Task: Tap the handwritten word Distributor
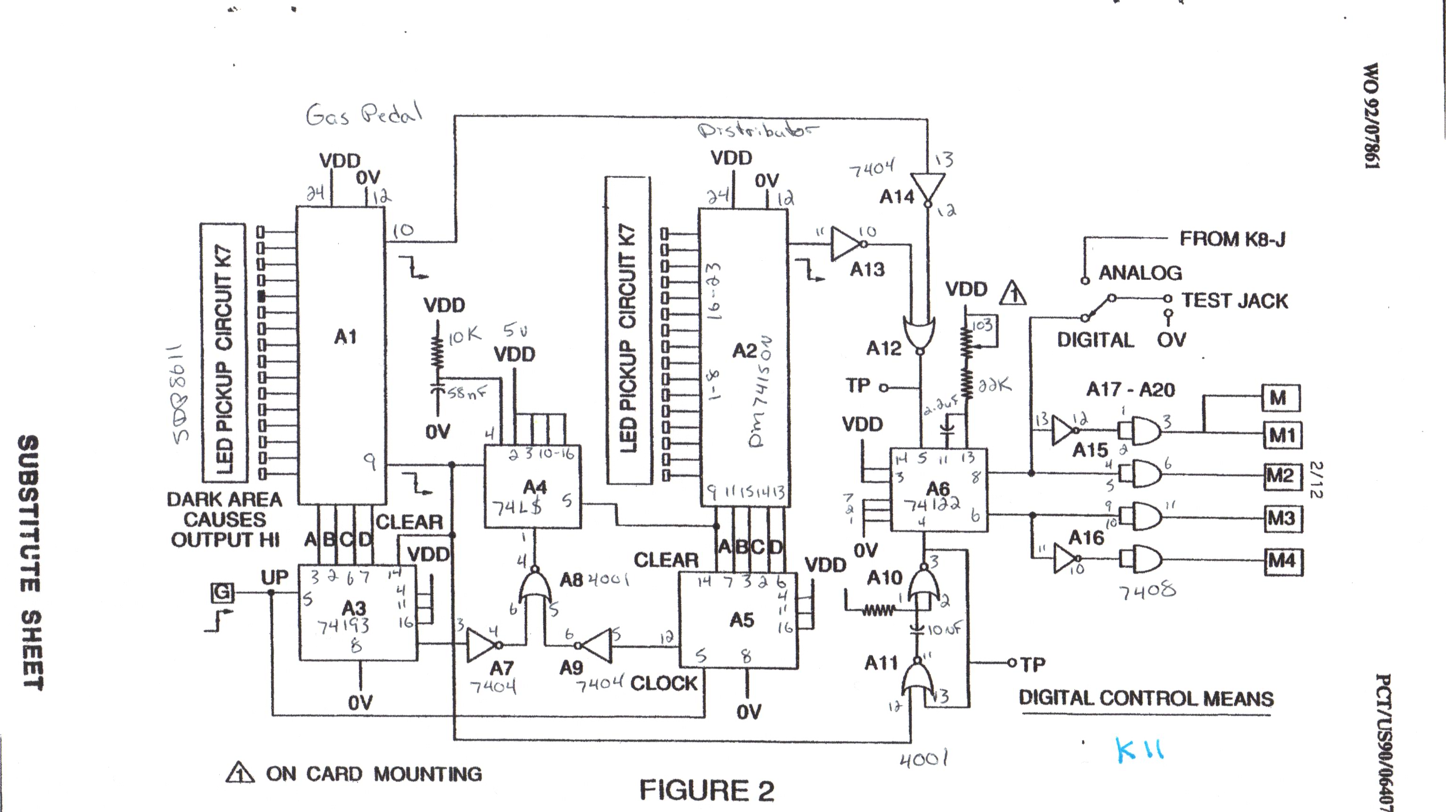[x=757, y=131]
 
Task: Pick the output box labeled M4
[x=1282, y=561]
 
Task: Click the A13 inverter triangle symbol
[x=847, y=244]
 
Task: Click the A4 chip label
[x=534, y=486]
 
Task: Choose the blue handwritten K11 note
[x=1139, y=750]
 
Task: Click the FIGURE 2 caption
[x=707, y=790]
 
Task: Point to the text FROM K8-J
[x=1232, y=239]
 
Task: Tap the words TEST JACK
[x=1234, y=301]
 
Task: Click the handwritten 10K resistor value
[x=465, y=336]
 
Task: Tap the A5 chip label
[x=742, y=620]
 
